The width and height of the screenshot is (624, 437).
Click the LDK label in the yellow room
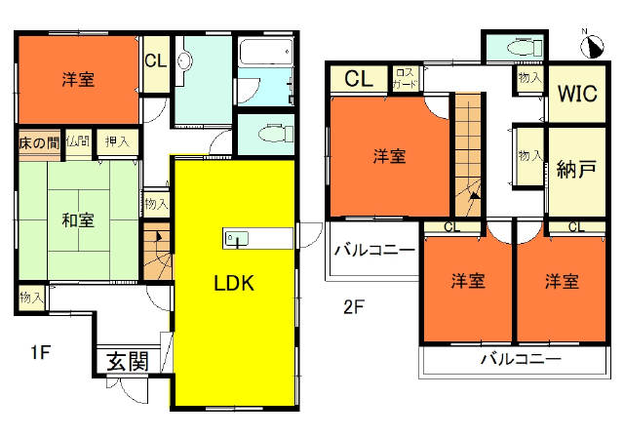point(234,284)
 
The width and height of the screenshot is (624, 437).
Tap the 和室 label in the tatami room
point(78,220)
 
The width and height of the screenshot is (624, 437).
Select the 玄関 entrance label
point(128,361)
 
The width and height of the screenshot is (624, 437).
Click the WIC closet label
point(577,94)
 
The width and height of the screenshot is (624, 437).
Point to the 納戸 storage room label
point(576,170)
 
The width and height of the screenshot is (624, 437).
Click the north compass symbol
point(592,46)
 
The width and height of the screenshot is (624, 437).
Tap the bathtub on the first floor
point(266,52)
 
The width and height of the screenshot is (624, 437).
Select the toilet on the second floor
point(525,48)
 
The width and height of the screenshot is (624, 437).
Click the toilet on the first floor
point(275,134)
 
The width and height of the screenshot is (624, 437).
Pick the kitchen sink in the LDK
point(236,238)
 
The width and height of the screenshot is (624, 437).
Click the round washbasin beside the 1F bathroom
point(184,61)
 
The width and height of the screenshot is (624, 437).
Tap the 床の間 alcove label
point(39,143)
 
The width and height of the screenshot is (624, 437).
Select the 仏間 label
point(78,141)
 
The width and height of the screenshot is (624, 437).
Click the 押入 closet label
point(117,140)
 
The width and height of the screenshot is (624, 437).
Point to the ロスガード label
point(406,78)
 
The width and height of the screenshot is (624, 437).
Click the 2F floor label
point(354,307)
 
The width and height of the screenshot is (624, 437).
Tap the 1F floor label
point(41,352)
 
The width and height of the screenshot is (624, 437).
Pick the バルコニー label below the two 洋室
point(521,359)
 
